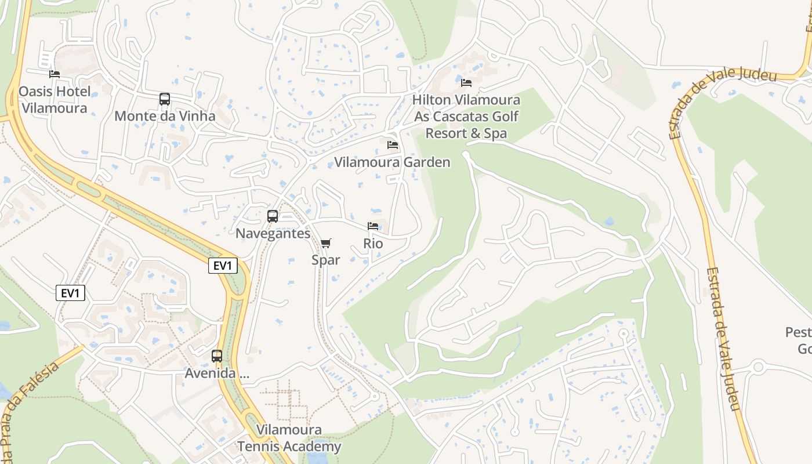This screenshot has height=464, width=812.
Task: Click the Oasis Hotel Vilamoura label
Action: point(54,100)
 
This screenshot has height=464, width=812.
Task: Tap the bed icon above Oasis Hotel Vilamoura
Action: point(55,74)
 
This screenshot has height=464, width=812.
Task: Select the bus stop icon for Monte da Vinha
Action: point(165,99)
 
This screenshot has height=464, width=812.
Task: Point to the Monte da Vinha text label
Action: point(165,116)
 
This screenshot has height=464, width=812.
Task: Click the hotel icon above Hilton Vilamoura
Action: point(466,83)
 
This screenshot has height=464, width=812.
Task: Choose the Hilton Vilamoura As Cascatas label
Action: point(466,117)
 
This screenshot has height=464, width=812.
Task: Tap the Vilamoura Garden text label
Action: point(392,162)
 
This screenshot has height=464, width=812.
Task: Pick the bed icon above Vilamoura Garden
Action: point(393,145)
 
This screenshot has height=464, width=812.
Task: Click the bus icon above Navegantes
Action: point(273,216)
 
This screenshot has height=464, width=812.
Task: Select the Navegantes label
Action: point(273,234)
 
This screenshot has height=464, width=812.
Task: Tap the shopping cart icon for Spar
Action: point(326,243)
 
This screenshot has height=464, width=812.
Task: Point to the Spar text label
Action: point(326,260)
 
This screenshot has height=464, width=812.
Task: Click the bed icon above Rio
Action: point(373,226)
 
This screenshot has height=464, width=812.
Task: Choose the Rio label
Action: point(373,244)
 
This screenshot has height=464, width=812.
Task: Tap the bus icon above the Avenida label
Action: point(217,356)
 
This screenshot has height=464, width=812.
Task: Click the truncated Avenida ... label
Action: point(217,374)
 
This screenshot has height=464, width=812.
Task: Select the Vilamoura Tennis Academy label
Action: point(289,438)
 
